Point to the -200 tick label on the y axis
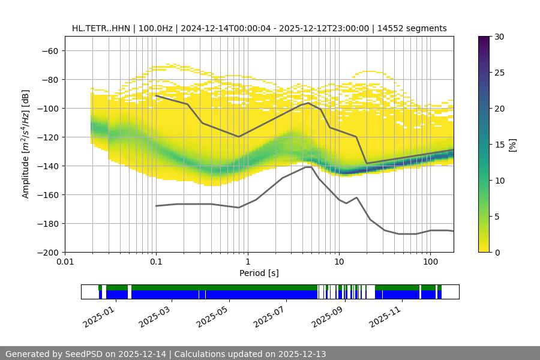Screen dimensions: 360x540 (x=47, y=252)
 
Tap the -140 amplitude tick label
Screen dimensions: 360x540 (x=47, y=166)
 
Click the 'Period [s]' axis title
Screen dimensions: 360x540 (x=259, y=274)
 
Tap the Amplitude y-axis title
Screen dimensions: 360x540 (x=26, y=144)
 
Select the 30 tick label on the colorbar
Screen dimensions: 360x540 (x=499, y=37)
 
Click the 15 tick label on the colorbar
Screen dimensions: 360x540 (x=499, y=145)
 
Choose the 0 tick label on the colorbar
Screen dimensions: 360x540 (x=497, y=252)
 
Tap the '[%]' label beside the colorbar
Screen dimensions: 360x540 (x=512, y=144)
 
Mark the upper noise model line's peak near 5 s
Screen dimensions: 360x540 (x=308, y=103)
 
